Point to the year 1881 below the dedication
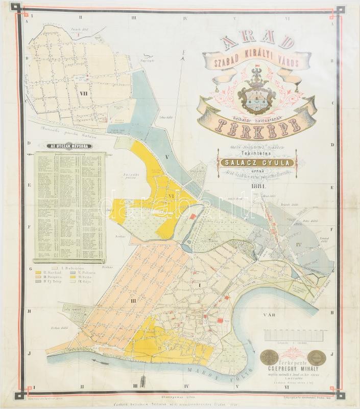(x=259, y=186)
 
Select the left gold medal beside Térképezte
(x=270, y=357)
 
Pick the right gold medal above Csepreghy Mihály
(x=317, y=357)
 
